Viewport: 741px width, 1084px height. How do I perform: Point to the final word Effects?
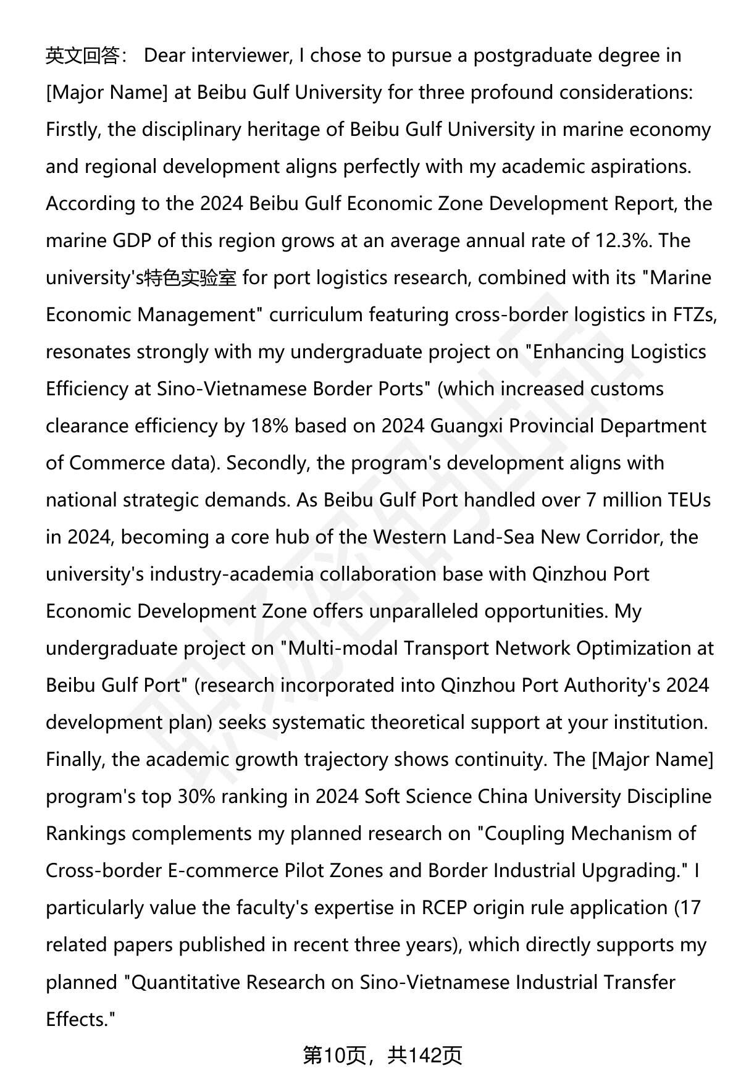[80, 1019]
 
